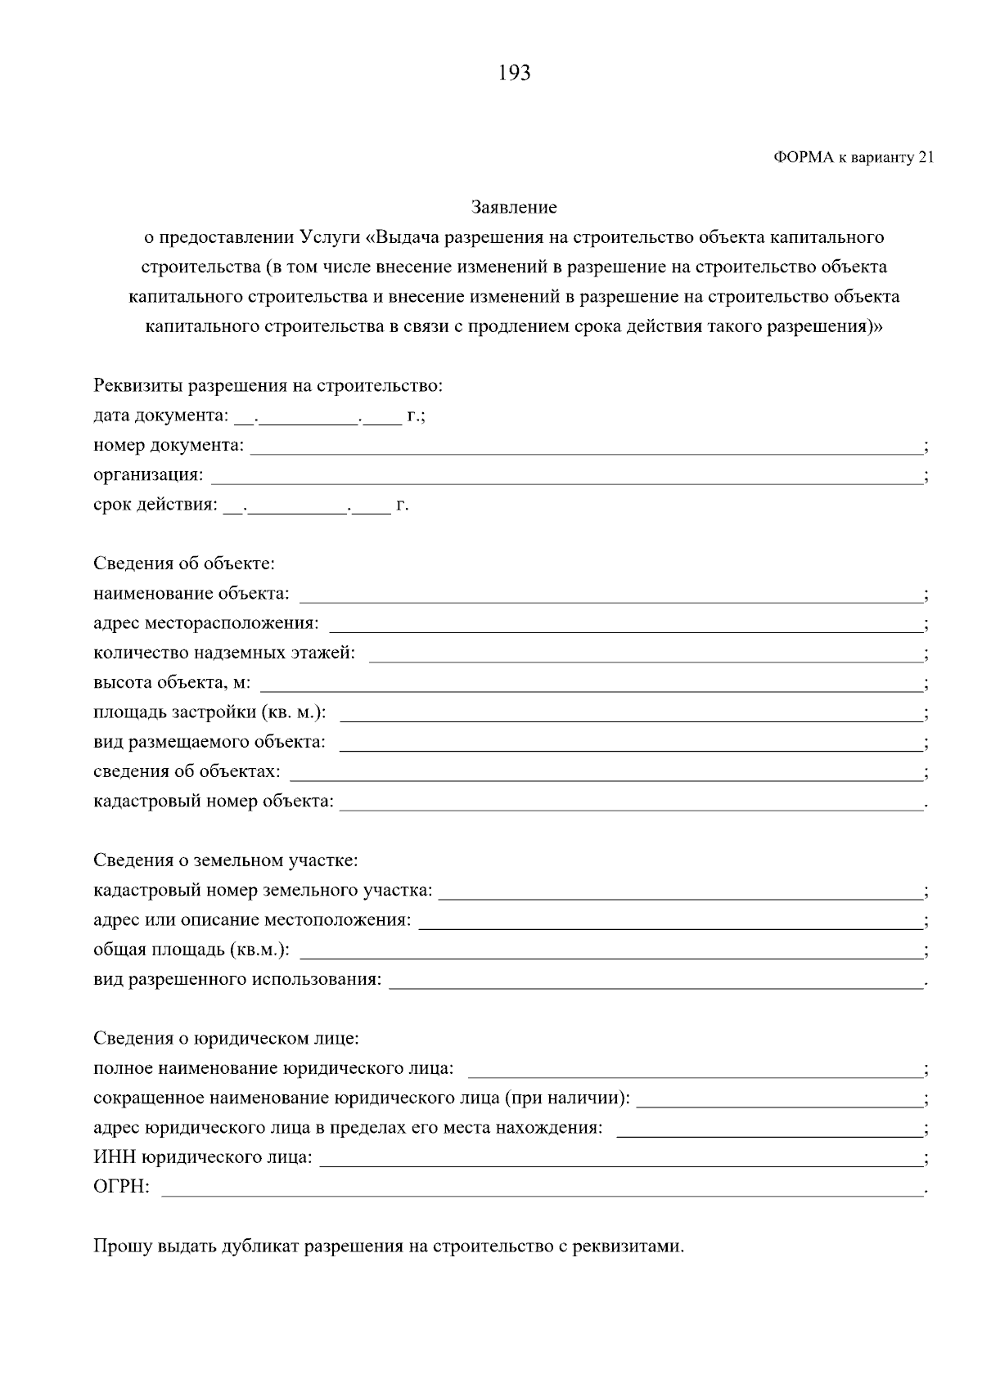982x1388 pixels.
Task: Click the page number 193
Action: tap(514, 74)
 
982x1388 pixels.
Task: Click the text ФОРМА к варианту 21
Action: tap(853, 158)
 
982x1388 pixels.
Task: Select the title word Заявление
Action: tap(514, 208)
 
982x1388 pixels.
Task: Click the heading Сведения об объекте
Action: tap(184, 564)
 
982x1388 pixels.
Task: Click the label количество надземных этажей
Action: tap(224, 653)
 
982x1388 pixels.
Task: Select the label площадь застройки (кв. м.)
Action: tap(209, 712)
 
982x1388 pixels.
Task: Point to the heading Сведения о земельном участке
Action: tap(226, 860)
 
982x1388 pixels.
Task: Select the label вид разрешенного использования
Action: tap(237, 979)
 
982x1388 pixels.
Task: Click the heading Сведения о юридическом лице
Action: tap(227, 1039)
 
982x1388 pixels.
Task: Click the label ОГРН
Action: tap(121, 1187)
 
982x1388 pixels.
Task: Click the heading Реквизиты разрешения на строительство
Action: tap(268, 385)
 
